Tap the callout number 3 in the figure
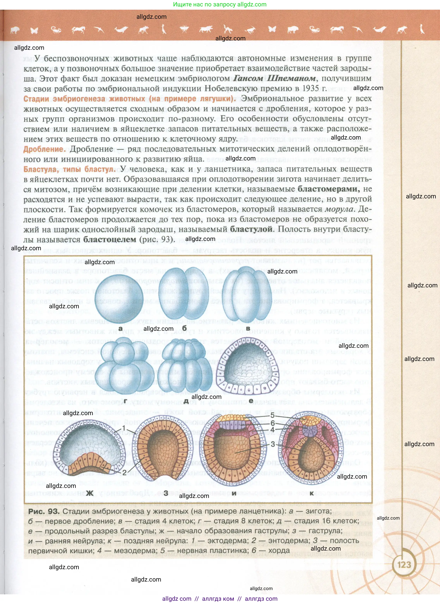tap(273, 444)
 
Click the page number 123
tap(404, 565)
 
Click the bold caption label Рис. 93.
tap(43, 511)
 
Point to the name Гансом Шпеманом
tap(275, 78)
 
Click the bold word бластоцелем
tap(110, 239)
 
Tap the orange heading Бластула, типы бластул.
tap(69, 169)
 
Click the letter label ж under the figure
tap(90, 493)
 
